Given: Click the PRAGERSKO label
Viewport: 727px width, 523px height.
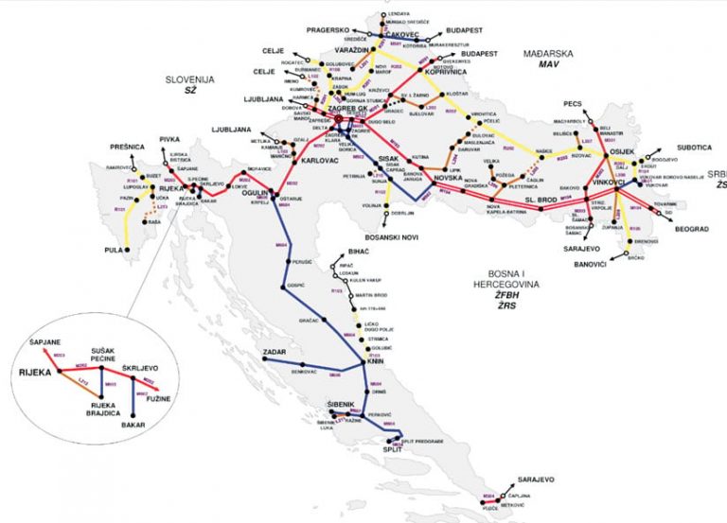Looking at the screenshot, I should [325, 30].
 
